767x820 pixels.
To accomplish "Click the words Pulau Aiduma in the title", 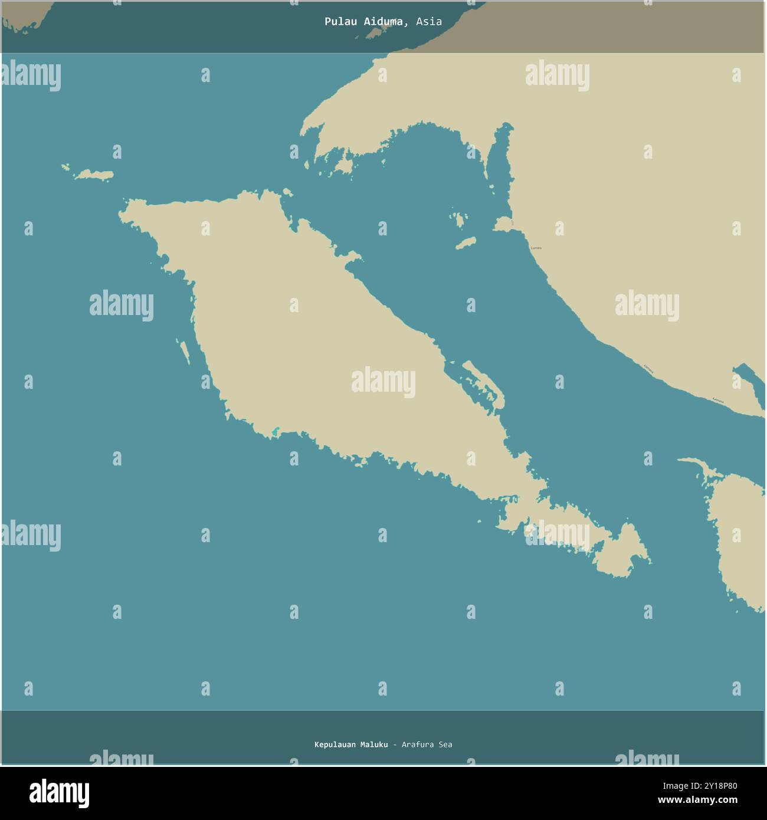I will tap(365, 22).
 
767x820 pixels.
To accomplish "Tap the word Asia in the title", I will tap(428, 22).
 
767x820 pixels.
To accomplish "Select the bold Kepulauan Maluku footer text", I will tap(351, 744).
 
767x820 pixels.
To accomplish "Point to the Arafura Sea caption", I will tap(427, 744).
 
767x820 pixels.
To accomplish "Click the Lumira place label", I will tap(536, 248).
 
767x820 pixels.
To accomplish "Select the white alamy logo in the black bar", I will tap(59, 793).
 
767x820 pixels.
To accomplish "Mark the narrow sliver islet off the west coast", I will tap(185, 352).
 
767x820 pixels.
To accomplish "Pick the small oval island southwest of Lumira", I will tap(466, 243).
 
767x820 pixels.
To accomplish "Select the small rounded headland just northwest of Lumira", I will tap(503, 224).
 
